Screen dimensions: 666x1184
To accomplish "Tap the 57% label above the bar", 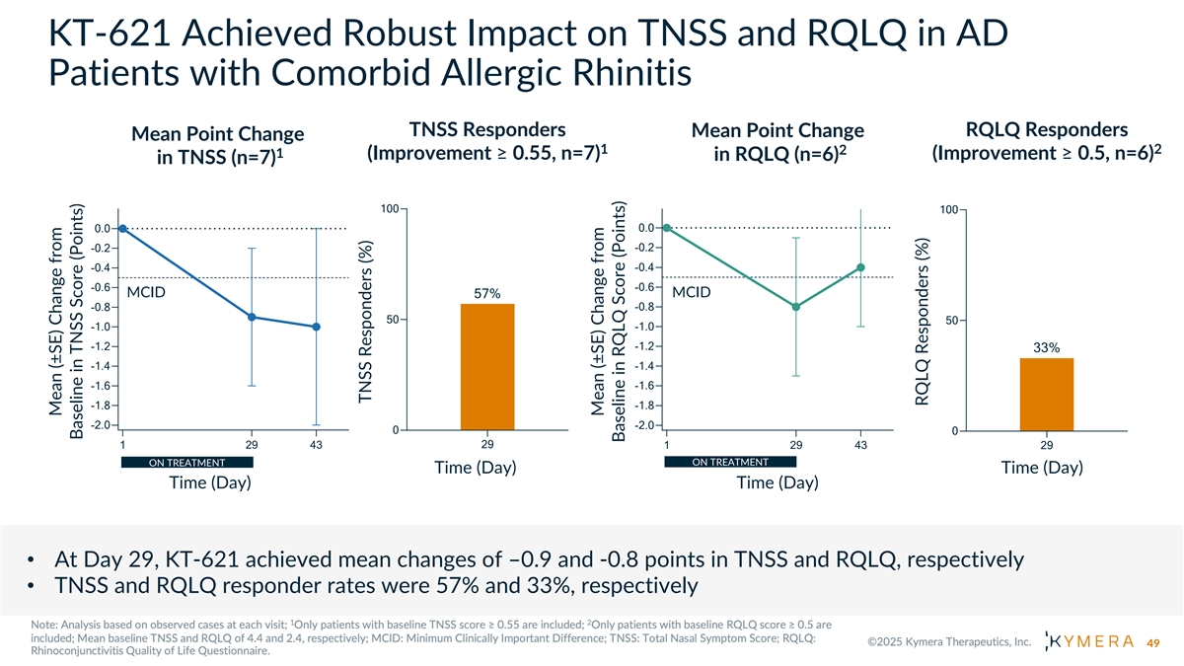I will point(487,293).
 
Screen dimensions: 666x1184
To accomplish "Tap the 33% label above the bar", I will point(1046,347).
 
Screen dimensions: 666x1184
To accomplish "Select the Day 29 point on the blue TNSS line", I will point(253,317).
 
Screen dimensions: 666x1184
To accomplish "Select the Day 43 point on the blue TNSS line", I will point(316,327).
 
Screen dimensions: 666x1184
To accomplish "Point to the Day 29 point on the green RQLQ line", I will point(795,307).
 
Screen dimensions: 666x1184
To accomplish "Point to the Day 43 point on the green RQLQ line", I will point(861,267).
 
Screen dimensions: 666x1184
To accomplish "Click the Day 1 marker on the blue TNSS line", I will point(122,228).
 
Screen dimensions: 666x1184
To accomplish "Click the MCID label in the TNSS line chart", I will point(146,293).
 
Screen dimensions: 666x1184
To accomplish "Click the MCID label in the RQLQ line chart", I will point(691,292).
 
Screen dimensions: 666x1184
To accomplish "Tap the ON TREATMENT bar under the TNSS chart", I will point(187,462).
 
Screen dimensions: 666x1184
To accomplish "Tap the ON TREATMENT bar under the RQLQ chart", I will point(730,461).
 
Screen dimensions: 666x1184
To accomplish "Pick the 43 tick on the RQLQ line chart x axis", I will point(861,447).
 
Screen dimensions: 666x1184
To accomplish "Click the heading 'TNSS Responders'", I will point(486,129).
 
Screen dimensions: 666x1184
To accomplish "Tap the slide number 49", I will point(1151,643).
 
